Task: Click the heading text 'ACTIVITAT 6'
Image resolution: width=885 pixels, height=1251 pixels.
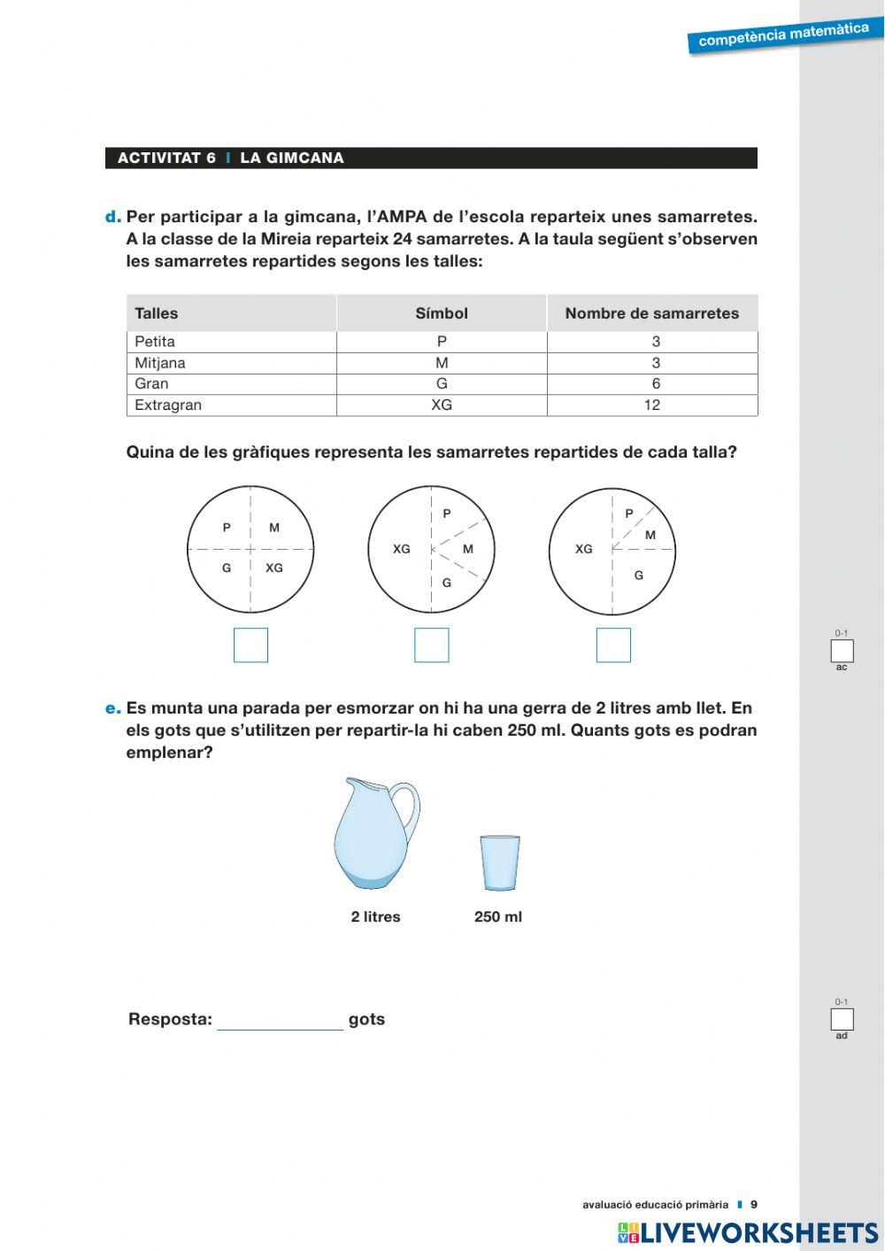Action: [166, 158]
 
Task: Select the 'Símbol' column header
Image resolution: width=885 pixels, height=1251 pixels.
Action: [442, 313]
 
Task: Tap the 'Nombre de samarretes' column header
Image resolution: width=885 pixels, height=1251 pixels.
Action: [651, 313]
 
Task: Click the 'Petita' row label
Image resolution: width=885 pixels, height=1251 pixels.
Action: [155, 342]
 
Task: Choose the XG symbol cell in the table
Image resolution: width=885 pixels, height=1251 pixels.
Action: [442, 405]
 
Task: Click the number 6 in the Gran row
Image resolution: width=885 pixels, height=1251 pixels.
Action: [656, 384]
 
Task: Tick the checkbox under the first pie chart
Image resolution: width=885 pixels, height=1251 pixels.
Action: [250, 645]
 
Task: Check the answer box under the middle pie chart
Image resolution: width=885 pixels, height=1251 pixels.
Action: [432, 645]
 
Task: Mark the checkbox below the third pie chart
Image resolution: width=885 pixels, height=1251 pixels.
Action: [613, 645]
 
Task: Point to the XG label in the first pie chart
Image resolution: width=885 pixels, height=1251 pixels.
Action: [274, 568]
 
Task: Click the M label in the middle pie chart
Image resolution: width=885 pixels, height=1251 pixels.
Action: [468, 549]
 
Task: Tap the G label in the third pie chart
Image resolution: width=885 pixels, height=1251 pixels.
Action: [638, 575]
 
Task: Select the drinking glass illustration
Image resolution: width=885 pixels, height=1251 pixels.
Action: [500, 863]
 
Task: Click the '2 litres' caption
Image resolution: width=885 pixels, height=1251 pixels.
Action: [375, 917]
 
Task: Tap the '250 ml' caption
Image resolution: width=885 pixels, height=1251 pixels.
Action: [498, 917]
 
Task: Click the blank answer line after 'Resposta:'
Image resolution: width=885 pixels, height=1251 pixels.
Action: [281, 1020]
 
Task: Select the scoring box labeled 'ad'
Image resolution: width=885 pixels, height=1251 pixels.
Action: [842, 1019]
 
